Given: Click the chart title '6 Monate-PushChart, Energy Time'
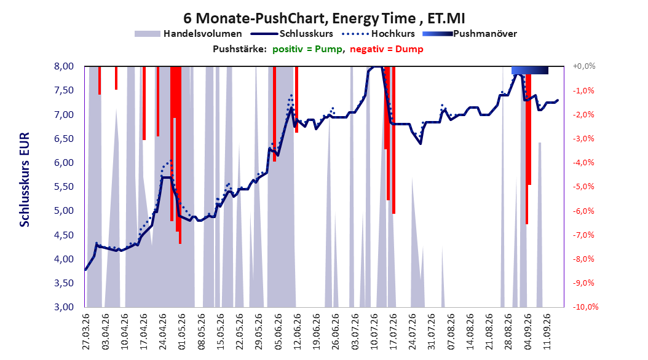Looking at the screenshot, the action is coord(299,18).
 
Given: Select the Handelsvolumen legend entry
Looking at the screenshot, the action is coord(188,34).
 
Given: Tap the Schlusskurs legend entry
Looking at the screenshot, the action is coord(291,34).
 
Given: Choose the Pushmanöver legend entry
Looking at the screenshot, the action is coord(470,34).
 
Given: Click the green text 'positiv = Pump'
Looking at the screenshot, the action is coord(307,49).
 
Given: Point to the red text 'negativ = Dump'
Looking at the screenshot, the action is coord(387,49).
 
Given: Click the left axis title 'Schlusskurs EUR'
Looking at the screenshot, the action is coord(25,179).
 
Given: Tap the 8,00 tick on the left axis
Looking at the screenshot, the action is coord(63,66).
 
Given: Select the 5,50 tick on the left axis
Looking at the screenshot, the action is coord(63,187).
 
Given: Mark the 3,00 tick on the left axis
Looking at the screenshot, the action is coord(63,307).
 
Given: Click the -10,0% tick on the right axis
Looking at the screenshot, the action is coord(585,307).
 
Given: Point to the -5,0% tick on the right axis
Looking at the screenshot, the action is coord(583,187).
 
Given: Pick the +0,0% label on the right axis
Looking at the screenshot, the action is coord(584,66).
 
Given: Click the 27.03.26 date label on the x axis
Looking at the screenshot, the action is coord(86,332).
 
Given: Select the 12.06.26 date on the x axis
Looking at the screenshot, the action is coord(297,332).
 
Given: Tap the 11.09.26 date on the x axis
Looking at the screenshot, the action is coord(546,332).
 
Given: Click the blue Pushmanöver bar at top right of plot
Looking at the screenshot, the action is coord(530,70).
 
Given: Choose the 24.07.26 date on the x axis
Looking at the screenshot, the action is coord(412,332).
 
